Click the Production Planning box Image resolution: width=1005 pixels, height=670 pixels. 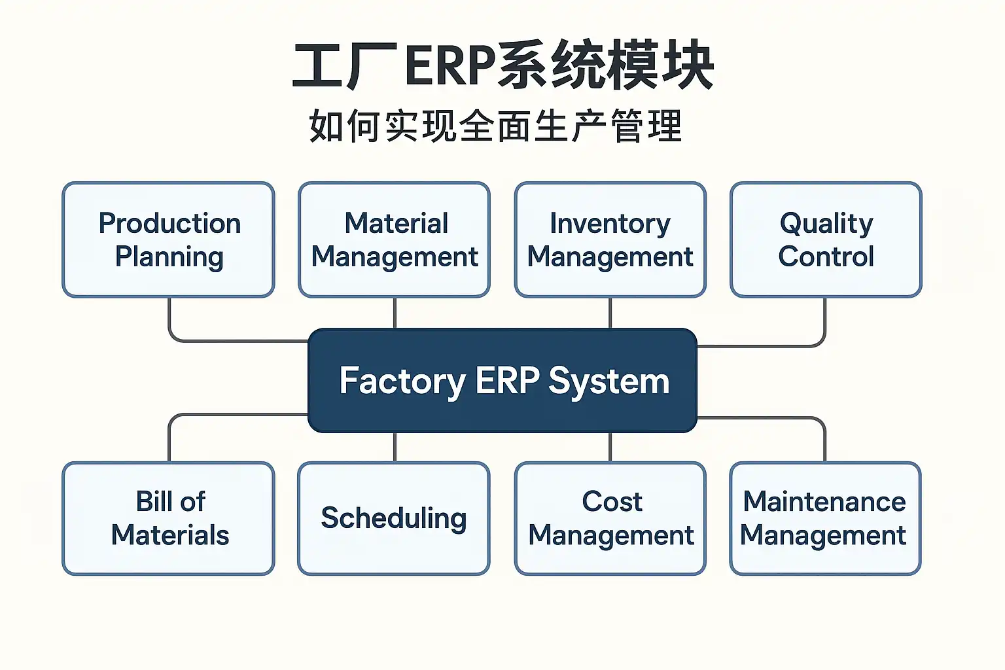(168, 239)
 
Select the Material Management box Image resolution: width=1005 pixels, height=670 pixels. (394, 239)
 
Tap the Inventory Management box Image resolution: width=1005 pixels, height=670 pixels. (610, 239)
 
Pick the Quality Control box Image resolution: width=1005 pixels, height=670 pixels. (826, 239)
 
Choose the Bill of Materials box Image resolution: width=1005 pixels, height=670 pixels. (168, 518)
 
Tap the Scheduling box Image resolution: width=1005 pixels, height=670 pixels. (394, 518)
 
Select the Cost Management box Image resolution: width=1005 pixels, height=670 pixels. (610, 518)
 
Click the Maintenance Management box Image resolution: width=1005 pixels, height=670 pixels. (825, 518)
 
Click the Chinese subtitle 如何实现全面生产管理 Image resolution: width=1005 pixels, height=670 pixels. (495, 126)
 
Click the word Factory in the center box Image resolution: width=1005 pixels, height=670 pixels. (402, 381)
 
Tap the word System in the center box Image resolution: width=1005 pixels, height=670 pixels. (608, 381)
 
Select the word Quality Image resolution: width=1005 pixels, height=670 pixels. (826, 224)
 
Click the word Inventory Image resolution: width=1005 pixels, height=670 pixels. (610, 224)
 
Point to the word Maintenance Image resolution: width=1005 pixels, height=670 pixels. (824, 502)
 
